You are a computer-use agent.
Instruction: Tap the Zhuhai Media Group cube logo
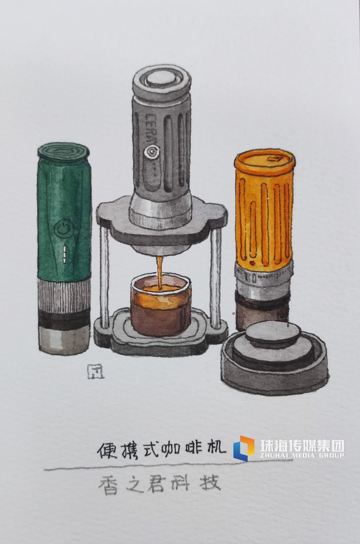[244, 448]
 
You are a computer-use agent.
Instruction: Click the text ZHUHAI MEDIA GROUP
[302, 455]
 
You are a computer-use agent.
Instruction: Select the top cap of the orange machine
[265, 161]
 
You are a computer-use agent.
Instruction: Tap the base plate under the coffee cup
[160, 336]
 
